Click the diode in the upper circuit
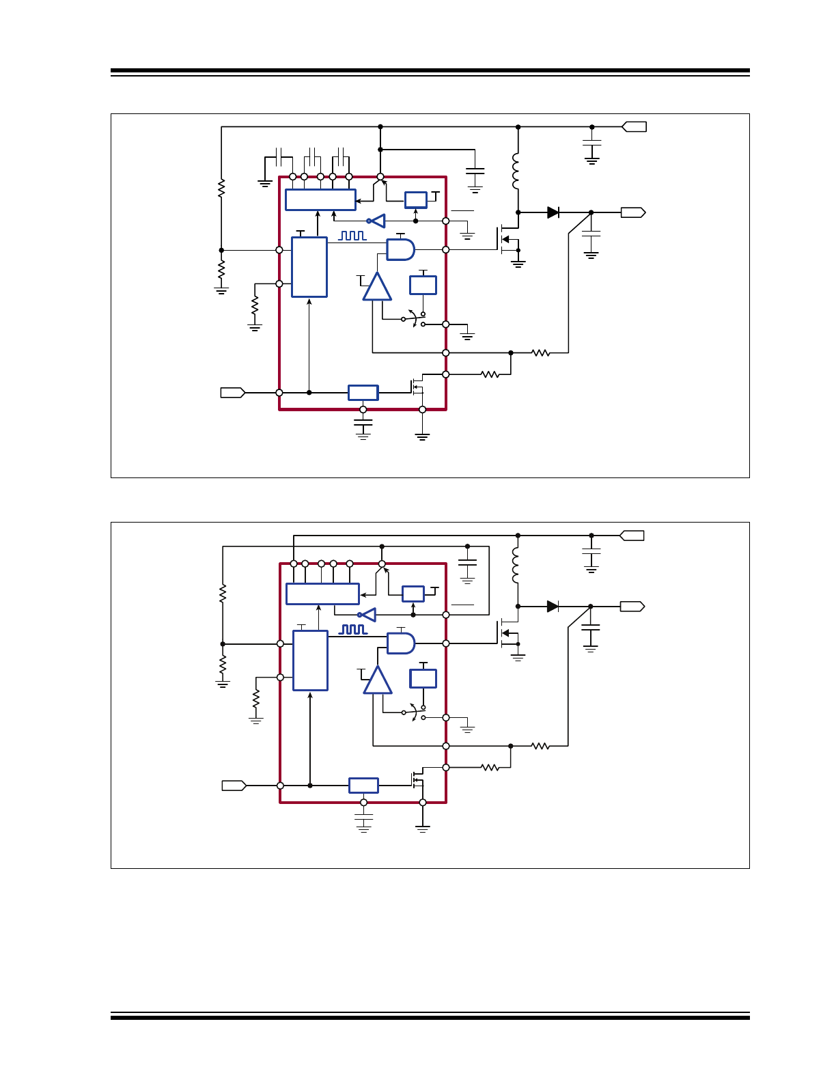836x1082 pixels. point(553,212)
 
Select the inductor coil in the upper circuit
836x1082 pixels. point(516,171)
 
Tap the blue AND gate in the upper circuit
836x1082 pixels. point(400,249)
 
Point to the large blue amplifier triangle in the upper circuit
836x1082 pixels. point(377,287)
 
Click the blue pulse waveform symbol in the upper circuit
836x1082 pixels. point(352,235)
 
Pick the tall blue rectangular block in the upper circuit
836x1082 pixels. point(309,267)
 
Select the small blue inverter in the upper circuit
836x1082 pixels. point(376,221)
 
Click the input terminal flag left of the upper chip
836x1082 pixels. point(232,393)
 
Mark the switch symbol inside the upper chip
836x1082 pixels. point(414,319)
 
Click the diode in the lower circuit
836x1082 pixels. point(553,606)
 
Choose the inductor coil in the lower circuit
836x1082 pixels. point(516,565)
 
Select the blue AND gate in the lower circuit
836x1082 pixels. point(401,643)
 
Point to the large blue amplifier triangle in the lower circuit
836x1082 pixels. point(378,680)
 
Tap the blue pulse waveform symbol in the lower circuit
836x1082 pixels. point(354,629)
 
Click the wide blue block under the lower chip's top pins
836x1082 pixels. point(322,594)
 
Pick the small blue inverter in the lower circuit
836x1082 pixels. point(367,615)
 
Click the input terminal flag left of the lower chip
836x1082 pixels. point(234,786)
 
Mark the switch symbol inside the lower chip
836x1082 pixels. point(414,712)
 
